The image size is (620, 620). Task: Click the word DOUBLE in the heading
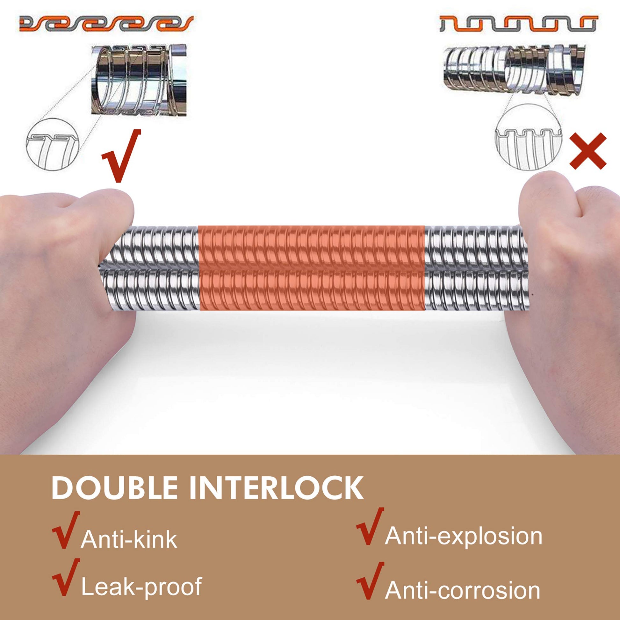point(114,488)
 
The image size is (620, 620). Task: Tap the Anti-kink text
point(129,540)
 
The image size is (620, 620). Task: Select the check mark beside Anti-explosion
point(370,526)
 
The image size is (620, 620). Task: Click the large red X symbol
point(588,151)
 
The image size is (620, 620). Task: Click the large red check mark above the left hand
point(122,156)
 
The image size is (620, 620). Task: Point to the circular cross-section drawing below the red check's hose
point(52,144)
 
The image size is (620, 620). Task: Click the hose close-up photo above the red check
point(139,80)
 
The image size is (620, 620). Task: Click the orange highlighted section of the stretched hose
point(312,268)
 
